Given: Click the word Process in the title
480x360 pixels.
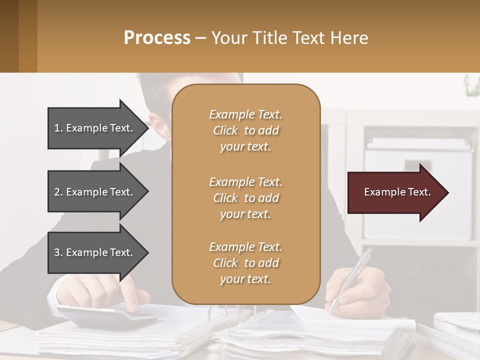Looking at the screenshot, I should pos(157,38).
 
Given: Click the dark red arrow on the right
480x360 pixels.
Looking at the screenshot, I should pos(395,192).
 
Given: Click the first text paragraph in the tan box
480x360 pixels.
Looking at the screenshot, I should pos(245,130).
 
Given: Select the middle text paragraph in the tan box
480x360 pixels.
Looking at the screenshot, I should pos(245,198).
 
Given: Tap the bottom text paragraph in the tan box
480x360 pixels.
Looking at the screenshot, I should pos(245,263).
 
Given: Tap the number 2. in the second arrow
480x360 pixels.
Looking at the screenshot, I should pos(58,192).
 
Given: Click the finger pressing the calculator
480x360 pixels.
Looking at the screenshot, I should pos(131,300).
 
